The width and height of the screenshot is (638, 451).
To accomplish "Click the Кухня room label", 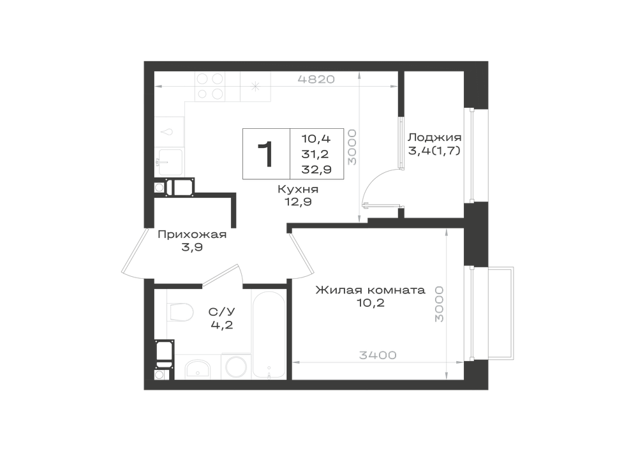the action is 298,189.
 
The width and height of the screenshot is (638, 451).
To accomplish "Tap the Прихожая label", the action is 191,235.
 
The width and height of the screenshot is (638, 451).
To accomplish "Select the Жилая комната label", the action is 370,290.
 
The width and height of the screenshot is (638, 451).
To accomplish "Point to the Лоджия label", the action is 434,137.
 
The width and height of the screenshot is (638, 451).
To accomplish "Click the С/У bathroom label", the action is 222,313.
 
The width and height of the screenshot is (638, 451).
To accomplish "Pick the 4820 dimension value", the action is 316,79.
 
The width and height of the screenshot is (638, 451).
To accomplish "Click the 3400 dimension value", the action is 378,355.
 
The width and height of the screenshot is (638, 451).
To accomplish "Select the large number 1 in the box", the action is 265,154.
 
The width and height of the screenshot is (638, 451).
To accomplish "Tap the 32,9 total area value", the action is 316,170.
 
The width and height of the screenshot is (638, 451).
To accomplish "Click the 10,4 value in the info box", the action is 316,138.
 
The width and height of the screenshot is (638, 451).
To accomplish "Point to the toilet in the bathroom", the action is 180,312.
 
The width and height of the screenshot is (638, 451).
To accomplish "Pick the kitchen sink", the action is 170,161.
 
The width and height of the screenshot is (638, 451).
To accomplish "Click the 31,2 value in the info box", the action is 315,154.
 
